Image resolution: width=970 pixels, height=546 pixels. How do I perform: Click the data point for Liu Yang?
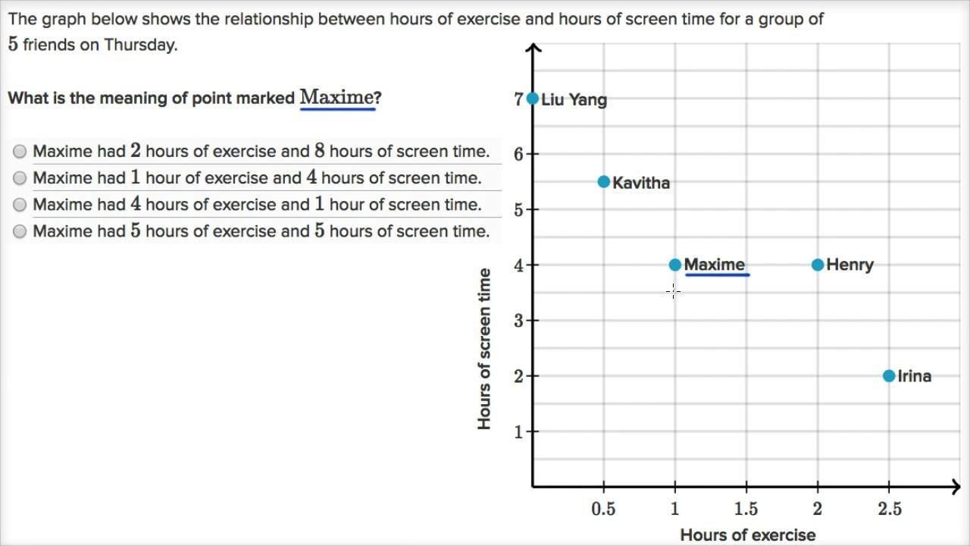click(533, 99)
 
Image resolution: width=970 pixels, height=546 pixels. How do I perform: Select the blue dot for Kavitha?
click(604, 182)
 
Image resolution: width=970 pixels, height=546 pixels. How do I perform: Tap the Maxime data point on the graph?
click(675, 265)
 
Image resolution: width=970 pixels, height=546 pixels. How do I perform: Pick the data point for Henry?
click(818, 265)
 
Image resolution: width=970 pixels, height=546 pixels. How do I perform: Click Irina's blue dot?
click(889, 375)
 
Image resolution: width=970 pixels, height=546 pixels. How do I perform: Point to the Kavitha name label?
click(641, 183)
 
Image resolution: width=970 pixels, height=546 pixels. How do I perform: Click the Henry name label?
click(850, 265)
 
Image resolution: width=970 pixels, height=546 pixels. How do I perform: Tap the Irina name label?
click(914, 376)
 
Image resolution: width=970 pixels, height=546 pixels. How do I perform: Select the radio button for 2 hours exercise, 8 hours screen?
click(20, 152)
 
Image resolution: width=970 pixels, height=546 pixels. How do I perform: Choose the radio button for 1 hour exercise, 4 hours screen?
click(20, 178)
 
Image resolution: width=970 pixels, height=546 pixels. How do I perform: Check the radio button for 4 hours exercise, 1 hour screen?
click(20, 205)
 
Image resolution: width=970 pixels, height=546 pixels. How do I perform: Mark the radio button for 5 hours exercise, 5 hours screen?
click(20, 231)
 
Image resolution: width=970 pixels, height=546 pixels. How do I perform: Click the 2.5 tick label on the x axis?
click(889, 509)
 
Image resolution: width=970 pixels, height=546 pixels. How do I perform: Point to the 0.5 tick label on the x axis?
click(604, 509)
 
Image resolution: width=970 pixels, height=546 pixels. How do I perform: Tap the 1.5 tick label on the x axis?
click(746, 509)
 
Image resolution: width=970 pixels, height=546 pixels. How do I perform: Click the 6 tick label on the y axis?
click(519, 154)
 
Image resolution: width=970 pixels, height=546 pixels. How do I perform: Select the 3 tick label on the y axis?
click(519, 320)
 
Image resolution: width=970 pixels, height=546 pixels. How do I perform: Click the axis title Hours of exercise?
click(747, 535)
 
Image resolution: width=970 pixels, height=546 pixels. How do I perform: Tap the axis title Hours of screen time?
click(485, 349)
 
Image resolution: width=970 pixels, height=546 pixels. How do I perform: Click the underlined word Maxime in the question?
click(337, 98)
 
